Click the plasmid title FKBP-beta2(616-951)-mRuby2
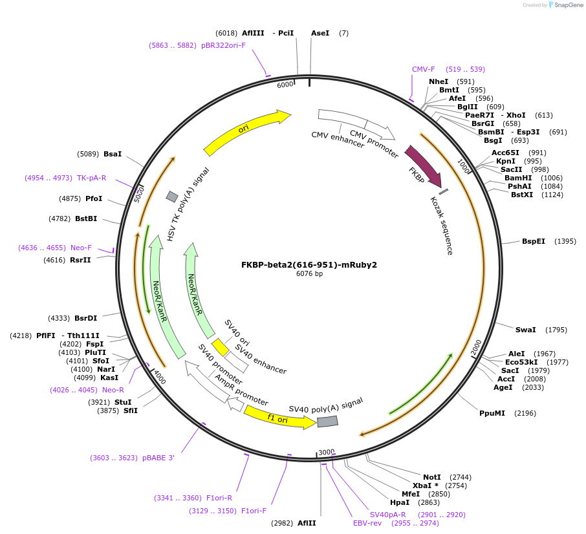pos(309,264)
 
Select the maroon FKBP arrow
pos(423,167)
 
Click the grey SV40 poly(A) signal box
pos(327,422)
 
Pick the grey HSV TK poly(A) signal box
pos(172,197)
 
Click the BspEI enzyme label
pos(534,241)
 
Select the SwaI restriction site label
pos(525,330)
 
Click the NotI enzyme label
pos(431,477)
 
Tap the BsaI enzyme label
pos(113,154)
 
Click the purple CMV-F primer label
pos(424,69)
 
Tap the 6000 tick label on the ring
pos(285,85)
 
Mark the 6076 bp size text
pos(309,274)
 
